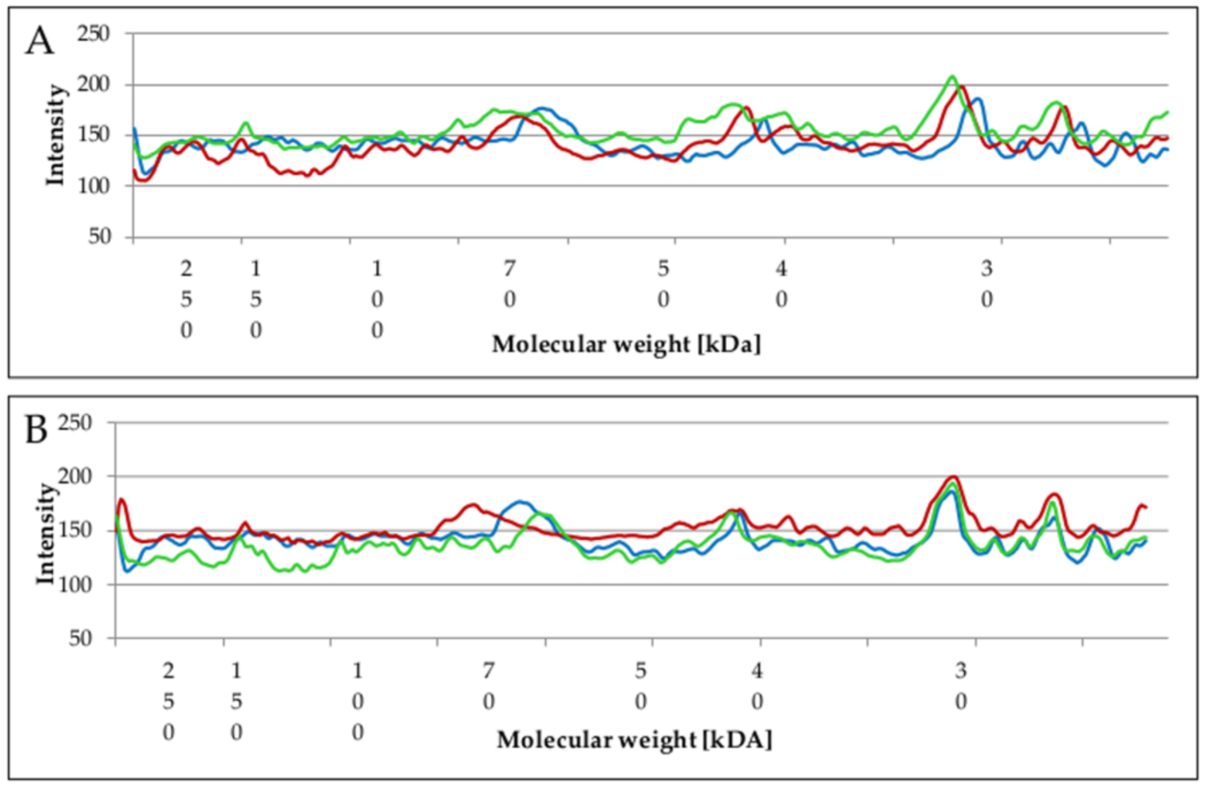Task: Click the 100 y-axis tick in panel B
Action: point(75,585)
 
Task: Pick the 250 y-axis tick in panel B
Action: point(75,423)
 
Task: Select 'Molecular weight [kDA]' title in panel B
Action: point(634,740)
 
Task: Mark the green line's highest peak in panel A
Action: point(953,77)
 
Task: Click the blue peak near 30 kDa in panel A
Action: point(977,99)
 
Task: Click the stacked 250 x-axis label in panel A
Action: point(186,299)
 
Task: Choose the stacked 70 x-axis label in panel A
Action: point(510,284)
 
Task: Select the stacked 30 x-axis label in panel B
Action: point(961,686)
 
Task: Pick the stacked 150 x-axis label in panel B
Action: point(237,701)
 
